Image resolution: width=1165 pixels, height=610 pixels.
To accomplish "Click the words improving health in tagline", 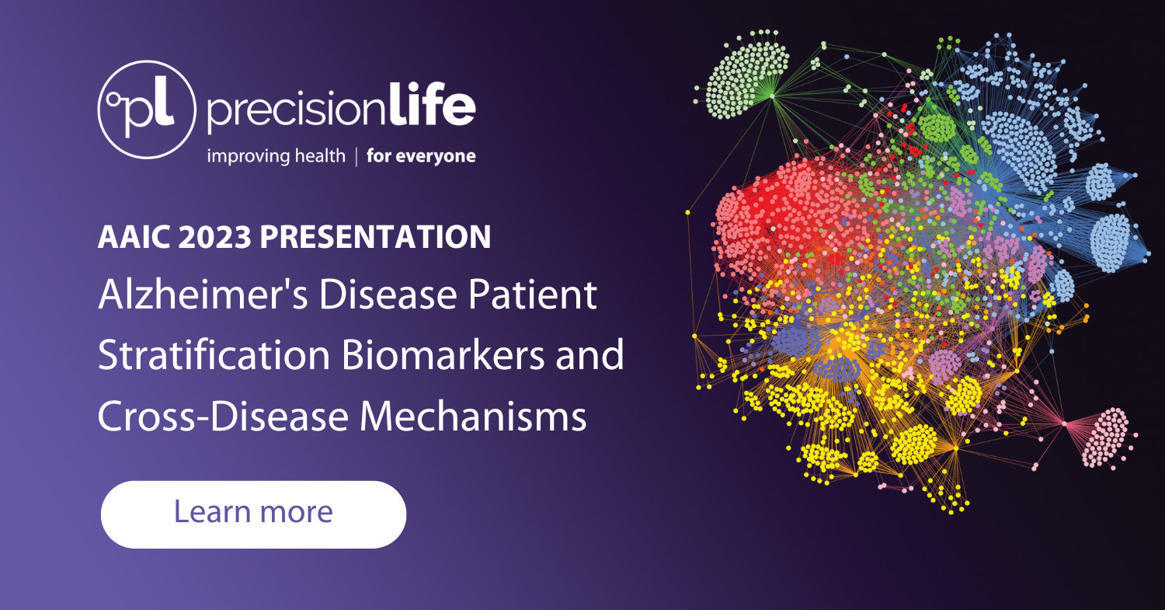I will (x=275, y=156).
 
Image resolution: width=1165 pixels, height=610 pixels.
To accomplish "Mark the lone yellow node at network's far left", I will (x=688, y=211).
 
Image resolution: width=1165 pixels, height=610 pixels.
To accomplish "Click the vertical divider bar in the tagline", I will (x=356, y=156).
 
